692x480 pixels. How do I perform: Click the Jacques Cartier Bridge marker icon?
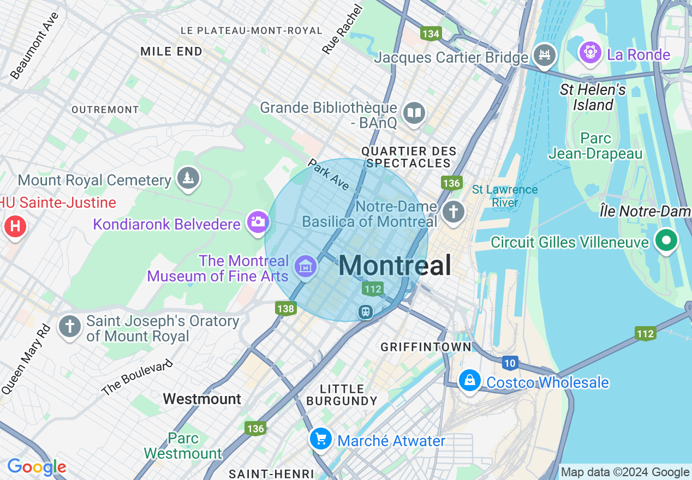(544, 55)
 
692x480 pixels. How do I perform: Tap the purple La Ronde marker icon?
(590, 53)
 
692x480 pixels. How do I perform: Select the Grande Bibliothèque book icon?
(414, 113)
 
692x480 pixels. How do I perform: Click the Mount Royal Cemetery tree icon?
(188, 178)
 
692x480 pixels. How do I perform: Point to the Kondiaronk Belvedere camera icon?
(258, 222)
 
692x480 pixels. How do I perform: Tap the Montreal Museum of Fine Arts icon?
(305, 266)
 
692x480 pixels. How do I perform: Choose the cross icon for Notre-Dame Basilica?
(453, 212)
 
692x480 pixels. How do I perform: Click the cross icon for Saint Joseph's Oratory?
(70, 326)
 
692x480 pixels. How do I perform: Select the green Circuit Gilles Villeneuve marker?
(666, 241)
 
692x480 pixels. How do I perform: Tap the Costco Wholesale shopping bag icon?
(469, 380)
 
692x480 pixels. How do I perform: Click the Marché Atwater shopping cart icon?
(320, 438)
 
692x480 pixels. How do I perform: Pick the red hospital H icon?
(15, 226)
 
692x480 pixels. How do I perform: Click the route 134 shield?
(431, 34)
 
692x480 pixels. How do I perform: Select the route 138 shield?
(285, 309)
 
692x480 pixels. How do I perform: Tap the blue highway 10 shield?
(510, 363)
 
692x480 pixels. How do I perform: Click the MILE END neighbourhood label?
(171, 51)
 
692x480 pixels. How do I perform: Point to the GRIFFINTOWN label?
(426, 347)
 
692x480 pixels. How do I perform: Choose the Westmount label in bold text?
(202, 399)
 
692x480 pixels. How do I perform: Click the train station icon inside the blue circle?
(365, 311)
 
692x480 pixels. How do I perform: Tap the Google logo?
(37, 467)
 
